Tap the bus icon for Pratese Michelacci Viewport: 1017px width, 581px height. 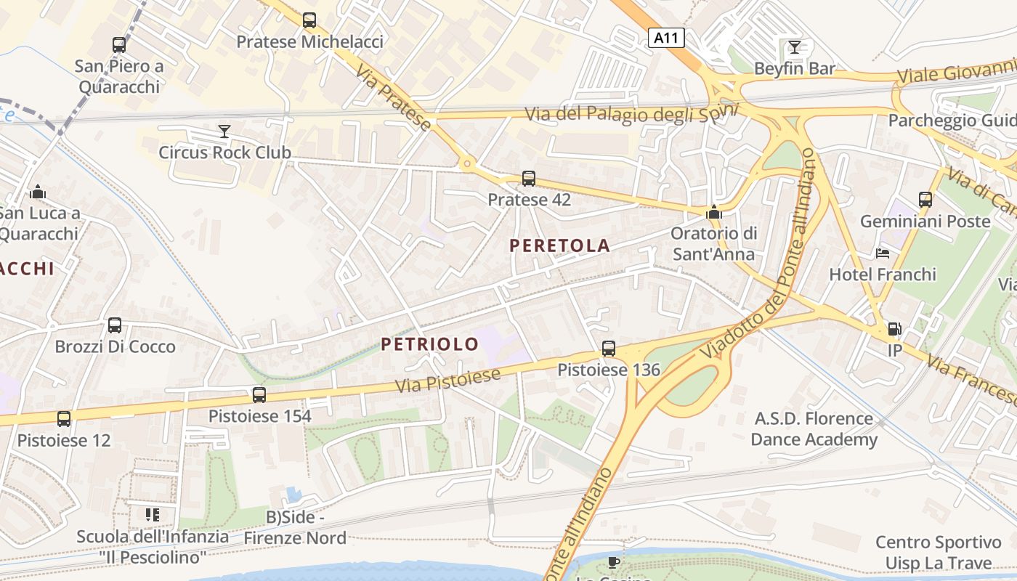(x=309, y=20)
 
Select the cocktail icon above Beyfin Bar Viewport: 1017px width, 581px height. (x=795, y=47)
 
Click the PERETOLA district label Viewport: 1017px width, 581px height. (x=559, y=245)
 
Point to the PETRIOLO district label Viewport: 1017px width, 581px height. (x=430, y=344)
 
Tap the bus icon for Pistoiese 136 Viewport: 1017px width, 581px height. (x=609, y=349)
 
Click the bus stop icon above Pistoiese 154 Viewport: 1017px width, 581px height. (x=259, y=395)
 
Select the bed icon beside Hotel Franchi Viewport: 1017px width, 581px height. (x=883, y=253)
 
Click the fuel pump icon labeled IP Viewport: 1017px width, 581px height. (x=894, y=329)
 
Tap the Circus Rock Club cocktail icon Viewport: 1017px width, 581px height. (x=224, y=131)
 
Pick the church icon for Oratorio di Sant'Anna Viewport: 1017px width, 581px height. (x=714, y=212)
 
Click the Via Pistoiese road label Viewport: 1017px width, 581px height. (x=448, y=381)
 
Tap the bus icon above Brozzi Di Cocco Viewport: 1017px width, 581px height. (x=115, y=325)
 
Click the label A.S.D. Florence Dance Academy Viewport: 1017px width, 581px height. (x=814, y=428)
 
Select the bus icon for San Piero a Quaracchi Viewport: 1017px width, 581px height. (x=119, y=45)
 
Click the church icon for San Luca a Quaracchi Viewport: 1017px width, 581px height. (x=38, y=192)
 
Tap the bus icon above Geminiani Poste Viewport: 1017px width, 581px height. (x=925, y=199)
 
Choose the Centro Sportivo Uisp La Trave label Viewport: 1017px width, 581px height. (x=938, y=552)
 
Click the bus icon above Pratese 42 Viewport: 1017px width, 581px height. (x=529, y=178)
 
